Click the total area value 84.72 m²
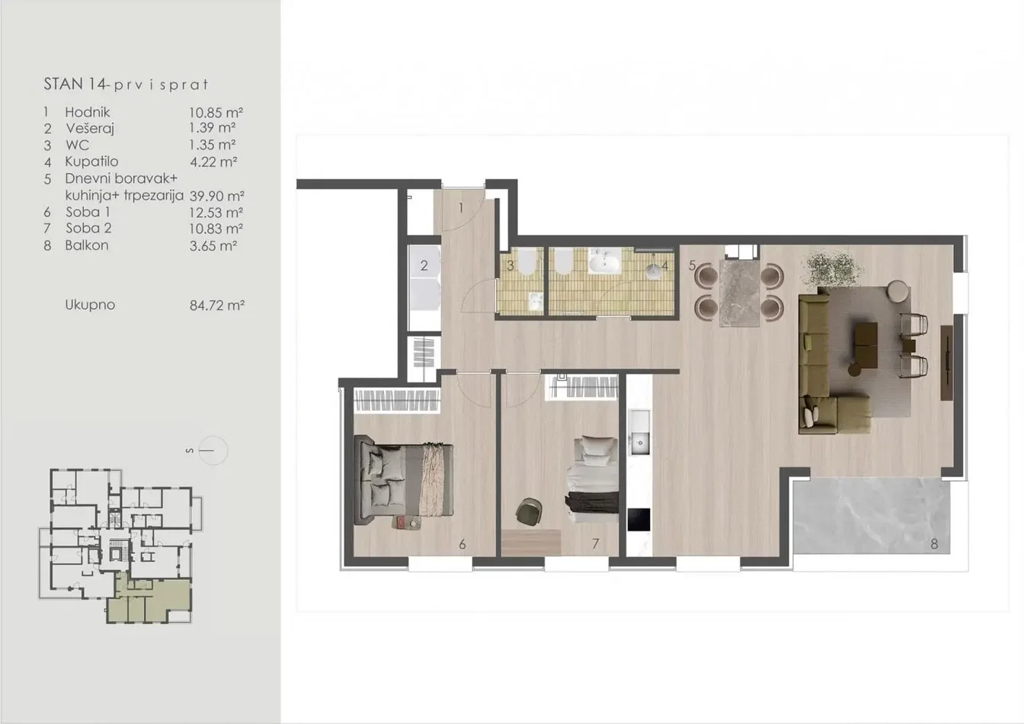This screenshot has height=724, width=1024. [216, 305]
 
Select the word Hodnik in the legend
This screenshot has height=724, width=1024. [88, 112]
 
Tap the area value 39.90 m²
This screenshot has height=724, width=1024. [216, 196]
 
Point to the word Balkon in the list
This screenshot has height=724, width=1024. [87, 245]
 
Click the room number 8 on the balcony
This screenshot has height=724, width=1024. [934, 544]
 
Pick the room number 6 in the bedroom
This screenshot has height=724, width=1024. [462, 544]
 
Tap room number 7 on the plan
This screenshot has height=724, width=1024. [595, 544]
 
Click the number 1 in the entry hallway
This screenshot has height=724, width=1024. [461, 208]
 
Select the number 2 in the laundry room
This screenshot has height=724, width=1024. [424, 265]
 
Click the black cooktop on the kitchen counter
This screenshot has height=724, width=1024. [638, 520]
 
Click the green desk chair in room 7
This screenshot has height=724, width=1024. [529, 511]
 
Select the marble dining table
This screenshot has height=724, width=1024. [740, 293]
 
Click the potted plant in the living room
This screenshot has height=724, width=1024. [832, 271]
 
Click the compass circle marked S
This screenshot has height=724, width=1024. [213, 450]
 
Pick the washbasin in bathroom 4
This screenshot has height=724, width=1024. [603, 262]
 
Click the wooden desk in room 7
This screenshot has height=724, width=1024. [531, 543]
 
